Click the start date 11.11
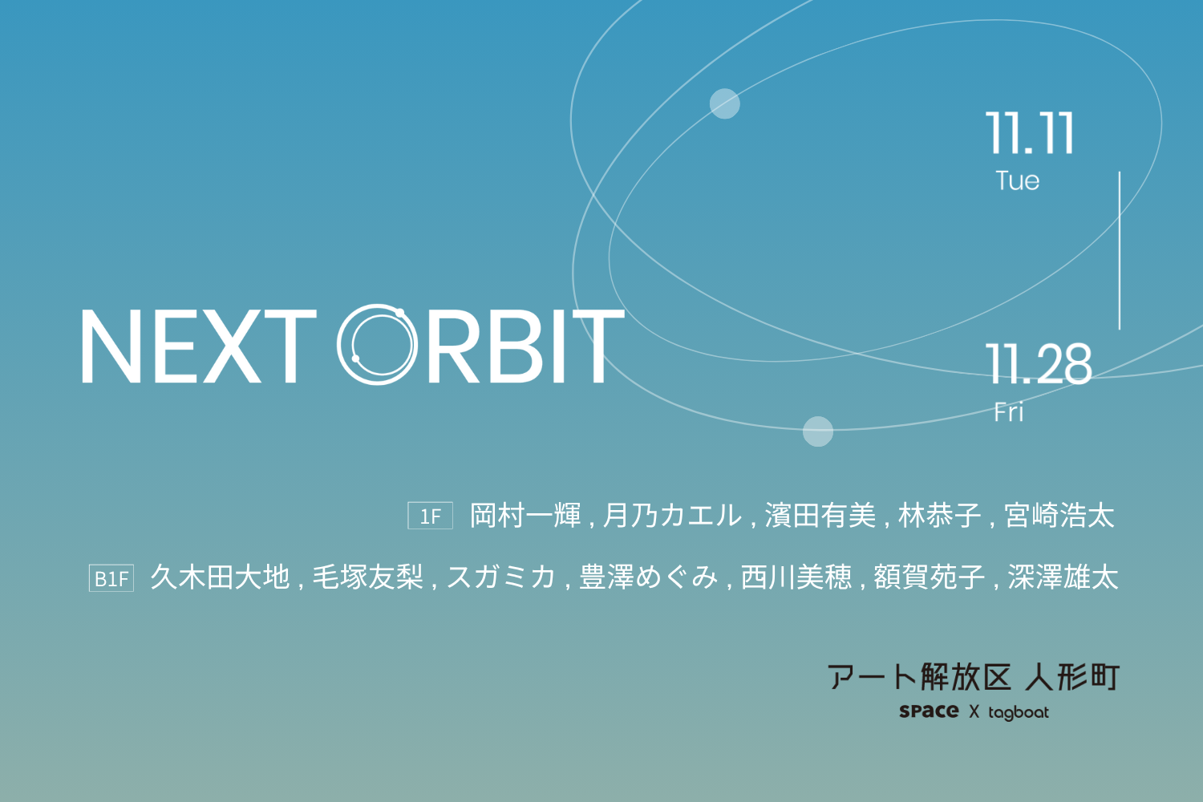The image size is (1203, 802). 1030,132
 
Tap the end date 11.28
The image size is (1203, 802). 1039,364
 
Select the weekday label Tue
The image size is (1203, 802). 1018,180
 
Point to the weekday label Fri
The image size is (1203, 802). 1009,412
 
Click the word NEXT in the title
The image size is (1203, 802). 199,346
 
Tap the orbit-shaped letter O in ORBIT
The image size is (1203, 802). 378,344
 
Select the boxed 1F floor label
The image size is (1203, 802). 430,516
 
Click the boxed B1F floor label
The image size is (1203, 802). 111,578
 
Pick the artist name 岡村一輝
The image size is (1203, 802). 525,516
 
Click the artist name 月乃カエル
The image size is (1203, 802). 672,516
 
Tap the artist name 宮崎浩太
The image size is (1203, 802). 1059,516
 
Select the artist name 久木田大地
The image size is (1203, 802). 221,578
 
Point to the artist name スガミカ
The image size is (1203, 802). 500,578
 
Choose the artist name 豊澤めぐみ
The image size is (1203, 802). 648,578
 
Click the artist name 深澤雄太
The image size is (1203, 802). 1063,578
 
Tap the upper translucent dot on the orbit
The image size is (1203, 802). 724,103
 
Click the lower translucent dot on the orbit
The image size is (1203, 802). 817,431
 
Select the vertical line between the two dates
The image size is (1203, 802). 1120,250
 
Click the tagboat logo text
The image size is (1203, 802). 1019,712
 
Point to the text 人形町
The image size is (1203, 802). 1072,677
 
